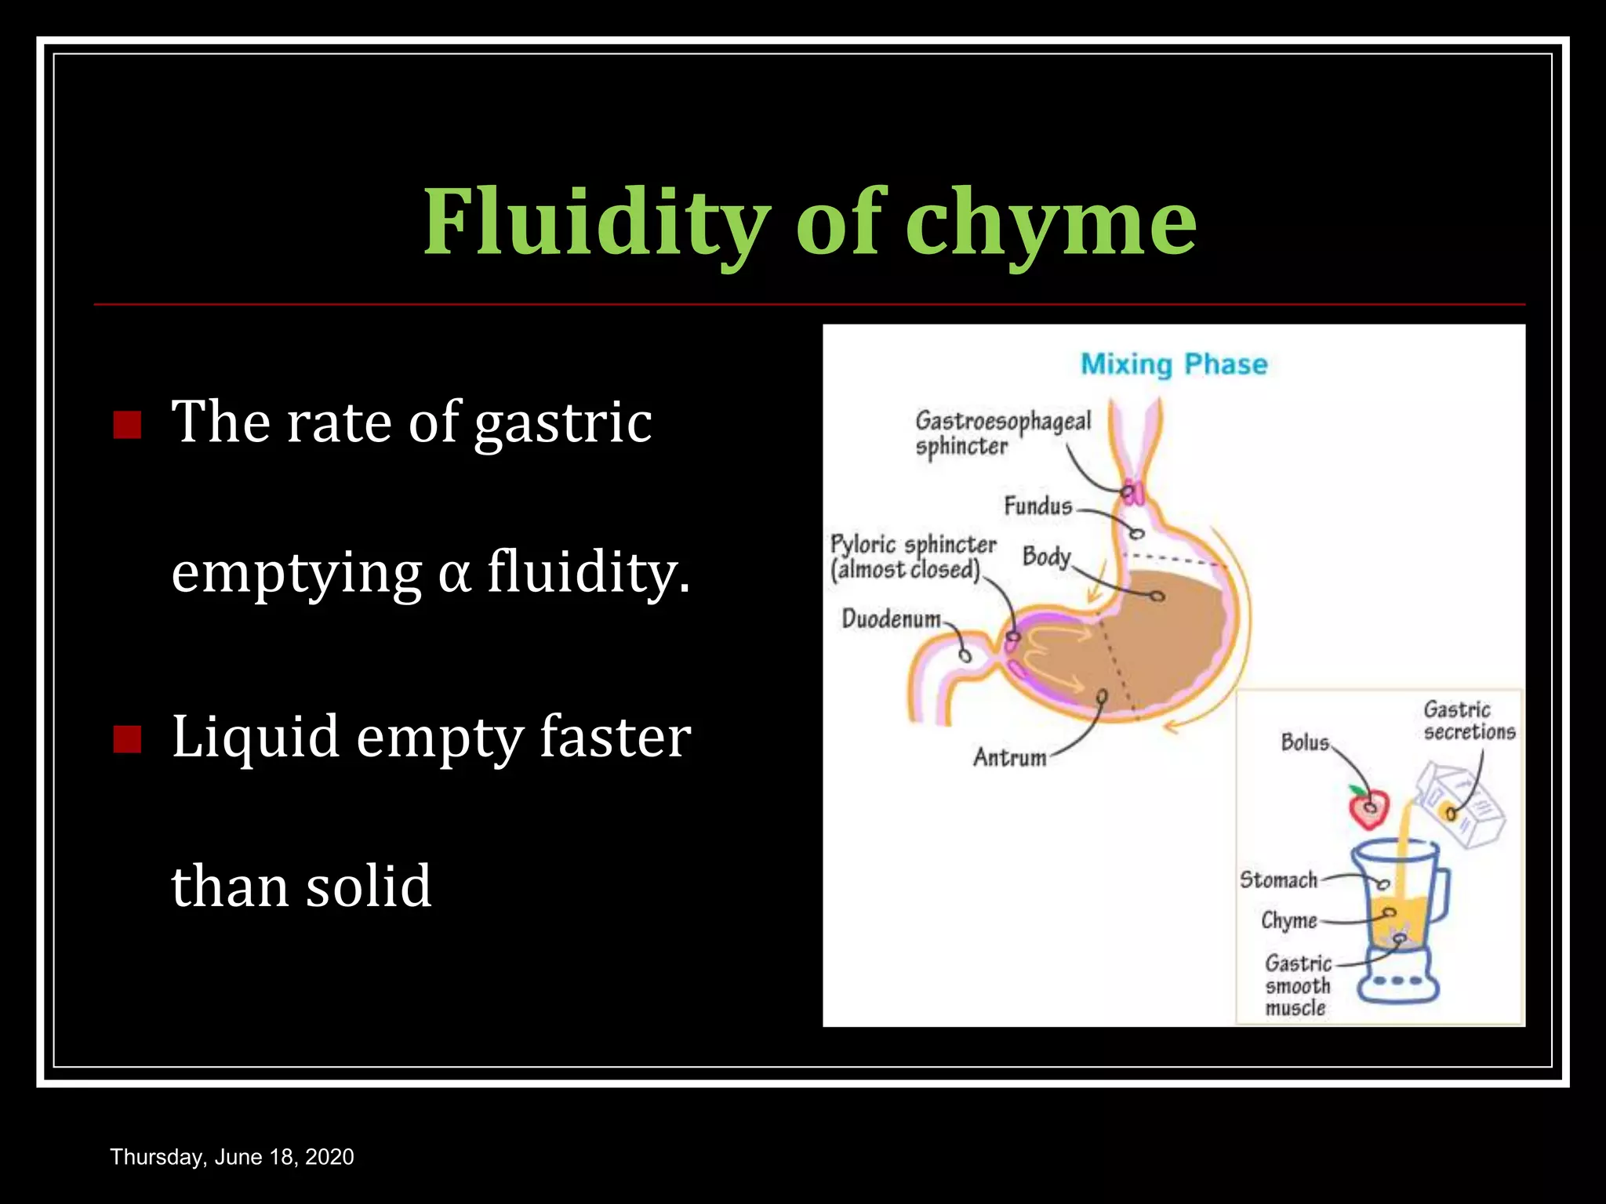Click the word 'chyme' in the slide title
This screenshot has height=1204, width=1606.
pos(1051,222)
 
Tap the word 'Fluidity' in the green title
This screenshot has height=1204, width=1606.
pos(596,222)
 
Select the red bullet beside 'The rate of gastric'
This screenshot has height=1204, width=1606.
pos(127,425)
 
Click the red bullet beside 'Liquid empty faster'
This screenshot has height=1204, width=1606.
pos(127,738)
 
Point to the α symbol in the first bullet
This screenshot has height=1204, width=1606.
pos(454,572)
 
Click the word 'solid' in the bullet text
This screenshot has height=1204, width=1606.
pos(368,887)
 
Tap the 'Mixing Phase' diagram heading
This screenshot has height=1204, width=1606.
pos(1174,364)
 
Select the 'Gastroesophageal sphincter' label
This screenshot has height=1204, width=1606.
pos(1001,433)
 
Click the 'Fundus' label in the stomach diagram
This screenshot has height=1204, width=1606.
pos(1037,506)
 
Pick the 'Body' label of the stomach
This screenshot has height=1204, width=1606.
pos(1046,557)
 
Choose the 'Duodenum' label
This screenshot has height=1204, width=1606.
pos(891,619)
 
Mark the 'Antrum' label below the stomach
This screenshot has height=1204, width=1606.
pos(1009,757)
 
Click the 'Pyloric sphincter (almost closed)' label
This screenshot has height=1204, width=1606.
pos(912,557)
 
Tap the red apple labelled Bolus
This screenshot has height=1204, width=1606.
pos(1368,807)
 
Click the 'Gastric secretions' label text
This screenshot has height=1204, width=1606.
pos(1469,721)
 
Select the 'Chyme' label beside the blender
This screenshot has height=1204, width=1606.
pos(1288,920)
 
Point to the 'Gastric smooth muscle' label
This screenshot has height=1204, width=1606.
pos(1297,985)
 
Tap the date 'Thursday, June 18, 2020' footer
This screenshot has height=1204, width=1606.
pos(232,1157)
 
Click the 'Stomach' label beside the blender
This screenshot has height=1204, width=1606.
pos(1278,880)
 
